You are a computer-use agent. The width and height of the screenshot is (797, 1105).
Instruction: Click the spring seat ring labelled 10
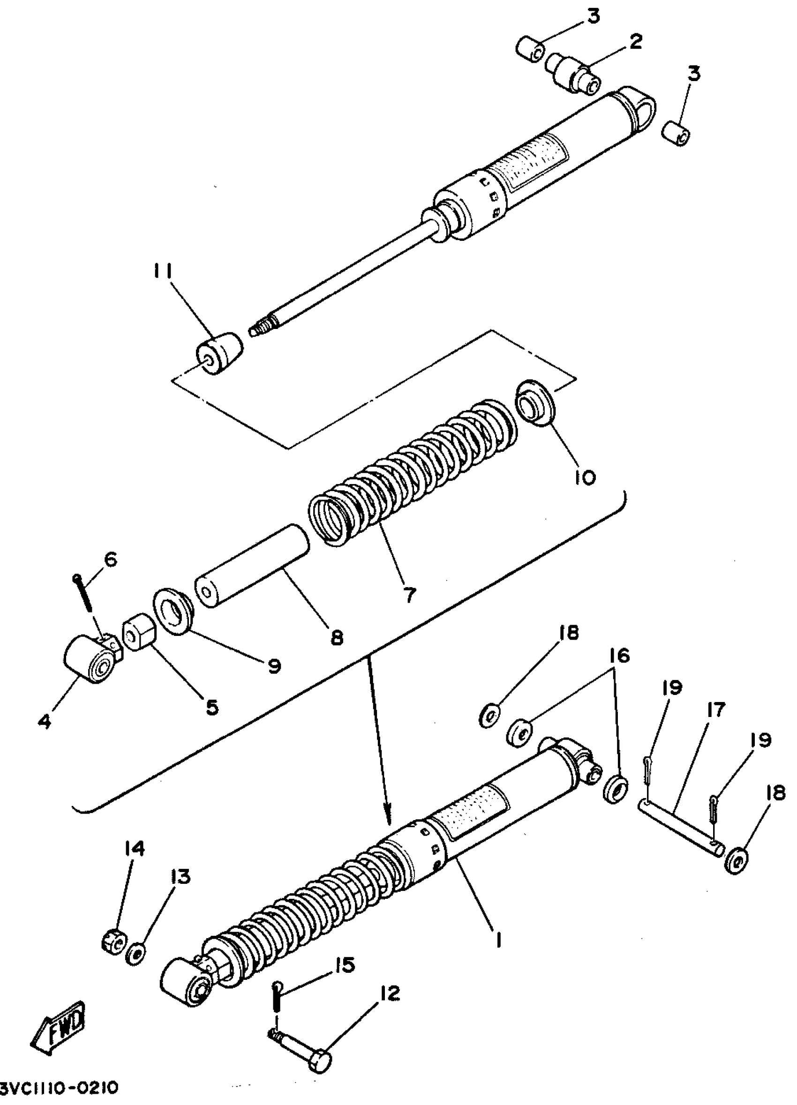pos(535,402)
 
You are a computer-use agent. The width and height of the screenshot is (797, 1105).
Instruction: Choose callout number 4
pos(45,721)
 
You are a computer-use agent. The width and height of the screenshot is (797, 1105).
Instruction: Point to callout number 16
pos(618,656)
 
